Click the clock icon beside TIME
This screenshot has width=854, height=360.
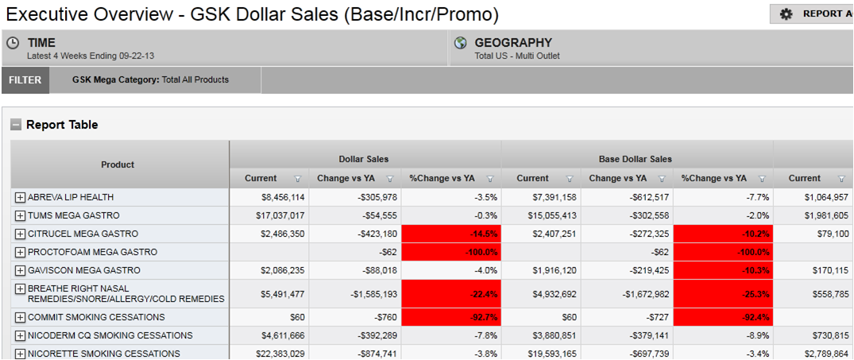point(13,43)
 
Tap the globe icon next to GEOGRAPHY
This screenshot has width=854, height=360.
point(461,43)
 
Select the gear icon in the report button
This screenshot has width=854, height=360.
point(786,14)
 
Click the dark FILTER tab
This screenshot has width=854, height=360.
point(26,79)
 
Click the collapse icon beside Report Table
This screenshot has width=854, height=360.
point(16,125)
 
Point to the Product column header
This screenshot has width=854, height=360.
point(118,165)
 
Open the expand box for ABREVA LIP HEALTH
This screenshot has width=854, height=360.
point(20,197)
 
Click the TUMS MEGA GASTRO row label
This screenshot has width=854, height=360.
point(73,215)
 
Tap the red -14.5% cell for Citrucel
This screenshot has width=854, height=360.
point(450,234)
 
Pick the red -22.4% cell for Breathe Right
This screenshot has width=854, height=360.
point(450,294)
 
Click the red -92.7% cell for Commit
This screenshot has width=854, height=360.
point(450,317)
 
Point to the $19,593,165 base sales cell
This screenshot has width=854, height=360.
point(548,354)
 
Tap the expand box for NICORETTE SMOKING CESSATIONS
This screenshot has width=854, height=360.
point(20,354)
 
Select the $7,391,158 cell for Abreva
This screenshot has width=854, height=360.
point(548,197)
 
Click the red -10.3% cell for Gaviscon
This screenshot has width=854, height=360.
point(722,270)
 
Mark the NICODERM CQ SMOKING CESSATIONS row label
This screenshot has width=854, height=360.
point(110,335)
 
